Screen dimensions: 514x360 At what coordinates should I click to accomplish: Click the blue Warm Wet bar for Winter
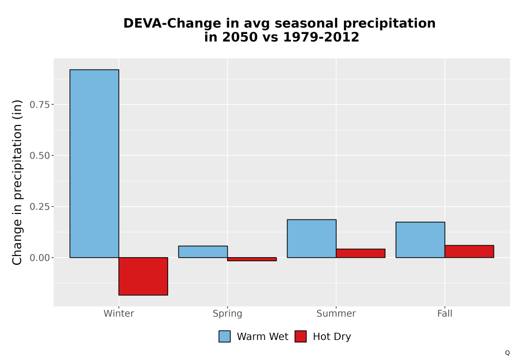pyautogui.click(x=95, y=164)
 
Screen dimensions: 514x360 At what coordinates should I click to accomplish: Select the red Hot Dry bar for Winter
pyautogui.click(x=143, y=276)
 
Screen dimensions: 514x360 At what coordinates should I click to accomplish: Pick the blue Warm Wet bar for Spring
pyautogui.click(x=203, y=252)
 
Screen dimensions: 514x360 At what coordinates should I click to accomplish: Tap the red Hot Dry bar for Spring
pyautogui.click(x=252, y=259)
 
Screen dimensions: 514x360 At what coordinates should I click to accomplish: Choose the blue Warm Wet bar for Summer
pyautogui.click(x=312, y=239)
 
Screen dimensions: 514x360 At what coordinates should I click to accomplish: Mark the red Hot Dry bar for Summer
pyautogui.click(x=361, y=253)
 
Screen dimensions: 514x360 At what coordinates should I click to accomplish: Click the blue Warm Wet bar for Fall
pyautogui.click(x=420, y=240)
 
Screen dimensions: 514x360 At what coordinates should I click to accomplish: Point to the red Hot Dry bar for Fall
pyautogui.click(x=469, y=251)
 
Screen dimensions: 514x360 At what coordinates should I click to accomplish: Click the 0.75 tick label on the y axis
pyautogui.click(x=40, y=104)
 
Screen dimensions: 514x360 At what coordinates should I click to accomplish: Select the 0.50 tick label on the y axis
pyautogui.click(x=40, y=156)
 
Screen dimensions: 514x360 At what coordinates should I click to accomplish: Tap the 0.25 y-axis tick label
pyautogui.click(x=40, y=207)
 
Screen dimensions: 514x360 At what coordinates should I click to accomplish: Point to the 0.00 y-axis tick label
pyautogui.click(x=40, y=258)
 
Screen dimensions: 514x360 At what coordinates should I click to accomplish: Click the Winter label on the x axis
pyautogui.click(x=119, y=313)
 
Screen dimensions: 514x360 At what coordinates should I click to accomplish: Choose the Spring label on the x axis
pyautogui.click(x=228, y=314)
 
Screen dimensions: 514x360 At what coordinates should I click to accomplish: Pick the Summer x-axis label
pyautogui.click(x=336, y=313)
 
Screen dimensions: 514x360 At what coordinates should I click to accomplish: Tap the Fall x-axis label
pyautogui.click(x=445, y=313)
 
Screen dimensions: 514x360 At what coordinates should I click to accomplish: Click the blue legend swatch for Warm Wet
pyautogui.click(x=225, y=336)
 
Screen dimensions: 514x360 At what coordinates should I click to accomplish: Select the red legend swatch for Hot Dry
pyautogui.click(x=301, y=336)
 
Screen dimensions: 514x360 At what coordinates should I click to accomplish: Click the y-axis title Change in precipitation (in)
pyautogui.click(x=17, y=182)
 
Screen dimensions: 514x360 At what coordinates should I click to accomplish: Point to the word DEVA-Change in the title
pyautogui.click(x=172, y=24)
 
